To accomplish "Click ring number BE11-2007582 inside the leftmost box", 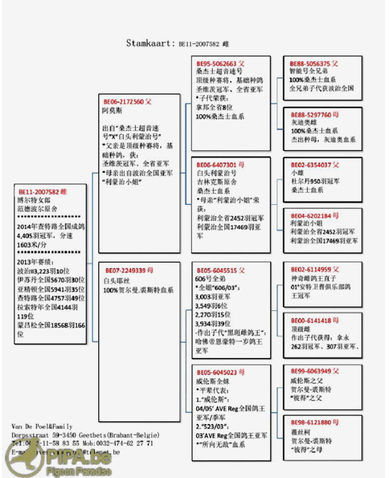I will pos(38,190).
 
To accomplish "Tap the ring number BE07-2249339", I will pos(123,270).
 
